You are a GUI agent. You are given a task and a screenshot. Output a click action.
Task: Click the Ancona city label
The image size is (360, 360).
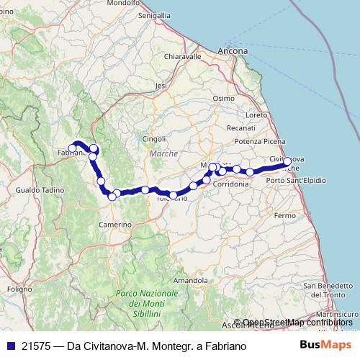pyautogui.click(x=233, y=51)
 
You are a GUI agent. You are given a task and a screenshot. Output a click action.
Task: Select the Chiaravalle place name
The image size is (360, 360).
pyautogui.click(x=183, y=56)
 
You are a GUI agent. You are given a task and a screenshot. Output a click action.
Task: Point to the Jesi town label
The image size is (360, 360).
pyautogui.click(x=161, y=85)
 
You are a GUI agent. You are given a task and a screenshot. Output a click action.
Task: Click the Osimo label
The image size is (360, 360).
pyautogui.click(x=223, y=98)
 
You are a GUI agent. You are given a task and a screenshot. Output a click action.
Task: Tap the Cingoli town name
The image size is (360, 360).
pyautogui.click(x=155, y=138)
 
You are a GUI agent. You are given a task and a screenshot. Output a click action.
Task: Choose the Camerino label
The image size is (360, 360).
pyautogui.click(x=115, y=225)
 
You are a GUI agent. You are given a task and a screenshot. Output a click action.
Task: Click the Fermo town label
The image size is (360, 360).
pyautogui.click(x=285, y=215)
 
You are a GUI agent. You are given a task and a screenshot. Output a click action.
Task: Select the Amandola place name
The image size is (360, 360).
pyautogui.click(x=191, y=279)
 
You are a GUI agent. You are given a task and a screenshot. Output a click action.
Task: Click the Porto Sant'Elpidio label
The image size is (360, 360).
pyautogui.click(x=295, y=179)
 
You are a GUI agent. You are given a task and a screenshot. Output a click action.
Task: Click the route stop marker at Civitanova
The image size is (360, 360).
pyautogui.click(x=287, y=162)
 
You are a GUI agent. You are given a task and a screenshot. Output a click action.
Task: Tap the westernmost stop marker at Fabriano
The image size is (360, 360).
pyautogui.click(x=73, y=148)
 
